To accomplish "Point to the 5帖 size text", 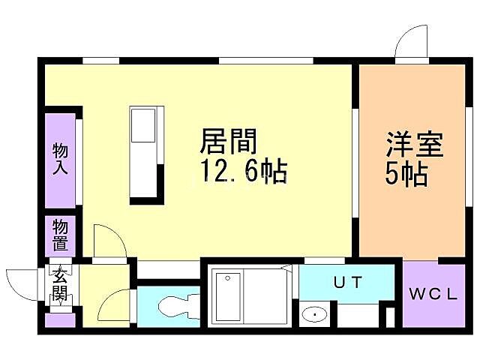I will click(x=406, y=174).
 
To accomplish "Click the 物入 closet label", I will click(x=60, y=158).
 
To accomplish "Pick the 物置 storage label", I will click(x=60, y=235).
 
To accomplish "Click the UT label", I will click(x=348, y=283).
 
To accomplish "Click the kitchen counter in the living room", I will click(x=144, y=153).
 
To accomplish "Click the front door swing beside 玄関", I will click(x=21, y=286).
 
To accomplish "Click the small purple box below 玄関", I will click(x=59, y=320).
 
